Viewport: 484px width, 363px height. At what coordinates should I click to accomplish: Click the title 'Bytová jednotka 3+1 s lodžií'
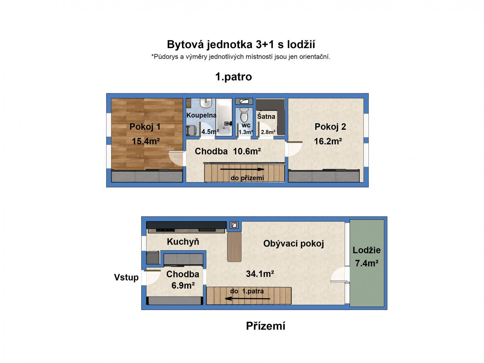click(241, 44)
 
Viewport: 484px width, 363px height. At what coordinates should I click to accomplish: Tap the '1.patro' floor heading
click(233, 77)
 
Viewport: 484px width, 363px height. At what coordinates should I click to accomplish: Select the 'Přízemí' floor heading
click(265, 326)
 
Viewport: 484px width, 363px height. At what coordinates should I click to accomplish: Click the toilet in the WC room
click(244, 115)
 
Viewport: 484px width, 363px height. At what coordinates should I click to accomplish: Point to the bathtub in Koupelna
click(223, 117)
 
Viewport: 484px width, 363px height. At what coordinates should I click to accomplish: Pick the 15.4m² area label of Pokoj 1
click(146, 141)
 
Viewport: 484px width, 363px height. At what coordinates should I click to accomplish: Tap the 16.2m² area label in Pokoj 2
click(328, 141)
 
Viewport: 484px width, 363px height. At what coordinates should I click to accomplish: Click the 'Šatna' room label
click(266, 116)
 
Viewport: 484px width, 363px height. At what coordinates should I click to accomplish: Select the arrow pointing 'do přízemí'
click(242, 169)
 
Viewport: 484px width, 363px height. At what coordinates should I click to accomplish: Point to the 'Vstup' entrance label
click(126, 277)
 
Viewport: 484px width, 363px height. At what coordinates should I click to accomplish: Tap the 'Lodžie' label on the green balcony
click(367, 250)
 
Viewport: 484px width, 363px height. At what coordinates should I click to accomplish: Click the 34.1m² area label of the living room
click(260, 274)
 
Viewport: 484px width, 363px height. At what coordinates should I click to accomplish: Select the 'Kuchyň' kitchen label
click(183, 242)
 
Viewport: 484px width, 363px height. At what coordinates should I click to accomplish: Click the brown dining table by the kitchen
click(234, 247)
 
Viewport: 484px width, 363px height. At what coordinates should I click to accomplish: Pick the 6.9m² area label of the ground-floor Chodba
click(183, 285)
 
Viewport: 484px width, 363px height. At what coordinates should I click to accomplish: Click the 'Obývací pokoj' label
click(293, 244)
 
